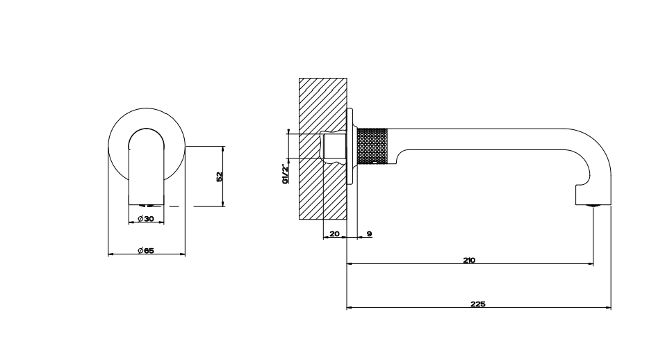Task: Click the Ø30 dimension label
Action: (146, 219)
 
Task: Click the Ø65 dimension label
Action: (146, 251)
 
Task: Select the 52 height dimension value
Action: (220, 177)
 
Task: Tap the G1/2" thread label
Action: (286, 174)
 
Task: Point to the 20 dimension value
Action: (335, 234)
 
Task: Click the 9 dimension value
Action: (370, 234)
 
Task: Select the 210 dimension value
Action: (469, 260)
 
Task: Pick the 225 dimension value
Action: (478, 304)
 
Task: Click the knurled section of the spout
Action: (372, 146)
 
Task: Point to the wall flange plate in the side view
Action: (350, 146)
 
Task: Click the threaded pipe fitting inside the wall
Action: (334, 146)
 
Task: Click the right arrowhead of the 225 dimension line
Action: (609, 308)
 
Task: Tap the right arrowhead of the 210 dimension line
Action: (591, 264)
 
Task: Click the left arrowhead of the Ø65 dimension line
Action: (111, 254)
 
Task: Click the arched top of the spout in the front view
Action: (147, 129)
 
